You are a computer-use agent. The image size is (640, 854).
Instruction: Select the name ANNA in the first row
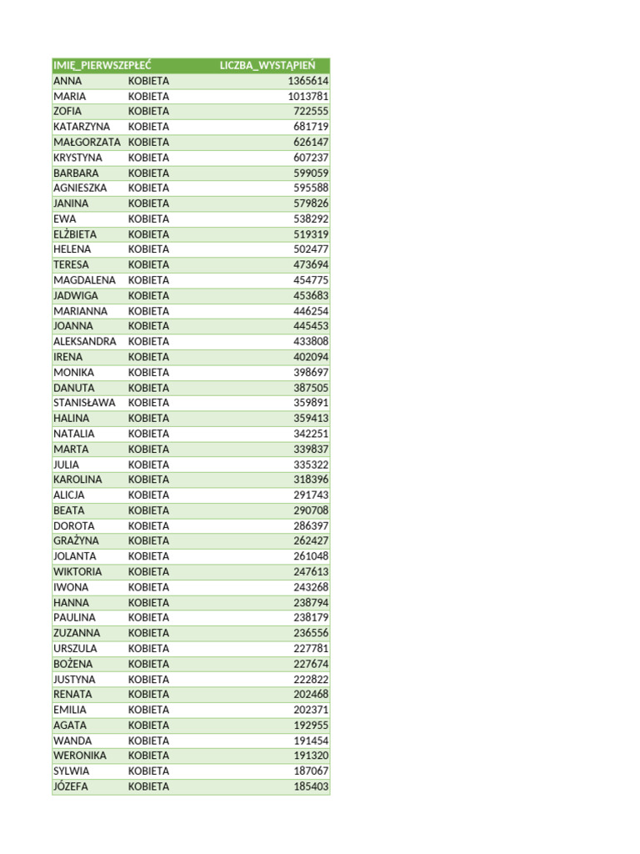67,81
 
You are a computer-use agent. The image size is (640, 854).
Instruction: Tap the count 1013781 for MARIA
307,96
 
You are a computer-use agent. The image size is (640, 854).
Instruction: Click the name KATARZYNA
82,127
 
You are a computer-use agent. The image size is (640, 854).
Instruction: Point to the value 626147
311,142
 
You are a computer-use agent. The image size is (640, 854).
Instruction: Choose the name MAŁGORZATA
87,142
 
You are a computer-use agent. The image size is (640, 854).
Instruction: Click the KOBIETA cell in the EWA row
148,219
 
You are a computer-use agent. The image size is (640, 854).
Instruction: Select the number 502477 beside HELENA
311,249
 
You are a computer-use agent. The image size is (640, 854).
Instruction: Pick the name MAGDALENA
84,280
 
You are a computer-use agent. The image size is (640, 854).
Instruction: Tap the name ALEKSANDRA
85,341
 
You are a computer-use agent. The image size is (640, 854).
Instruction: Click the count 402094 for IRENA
311,357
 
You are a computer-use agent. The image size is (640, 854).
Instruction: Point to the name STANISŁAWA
84,403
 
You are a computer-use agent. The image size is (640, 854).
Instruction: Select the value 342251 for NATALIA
311,434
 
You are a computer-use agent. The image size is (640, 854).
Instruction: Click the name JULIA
67,465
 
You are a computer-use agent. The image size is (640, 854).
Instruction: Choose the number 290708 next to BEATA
311,510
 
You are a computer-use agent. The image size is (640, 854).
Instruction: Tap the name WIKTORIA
77,571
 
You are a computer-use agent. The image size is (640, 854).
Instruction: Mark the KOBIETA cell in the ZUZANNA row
148,633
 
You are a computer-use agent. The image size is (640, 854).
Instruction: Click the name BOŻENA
73,664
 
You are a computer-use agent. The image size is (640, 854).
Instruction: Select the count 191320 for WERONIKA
311,756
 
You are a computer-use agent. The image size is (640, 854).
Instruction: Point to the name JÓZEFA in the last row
71,786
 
